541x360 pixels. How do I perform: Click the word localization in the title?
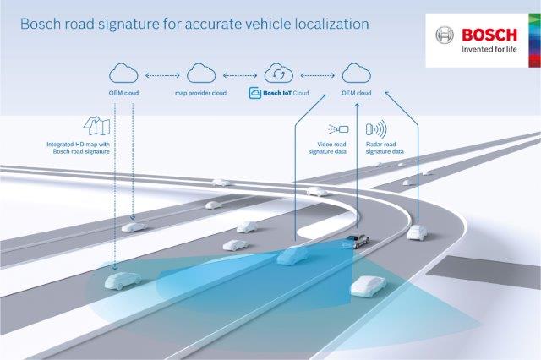coord(327,24)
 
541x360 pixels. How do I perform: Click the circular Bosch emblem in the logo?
coord(444,36)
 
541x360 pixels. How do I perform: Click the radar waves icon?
coord(375,129)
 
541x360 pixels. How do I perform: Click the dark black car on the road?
coord(355,240)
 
